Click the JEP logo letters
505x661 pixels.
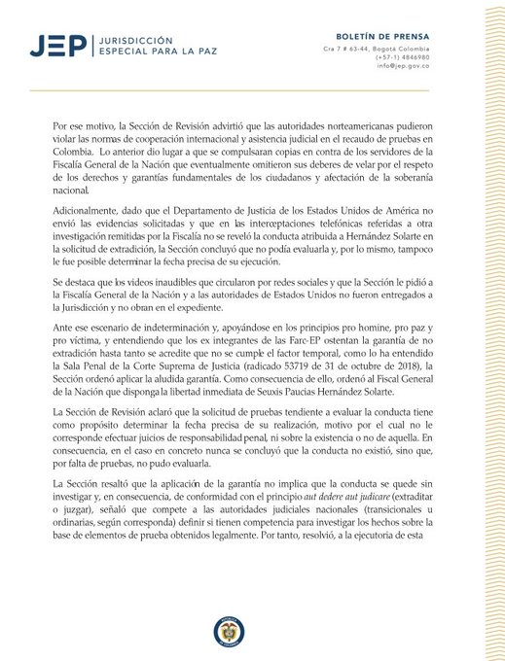[56, 45]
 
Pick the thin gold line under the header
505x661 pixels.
[252, 90]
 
